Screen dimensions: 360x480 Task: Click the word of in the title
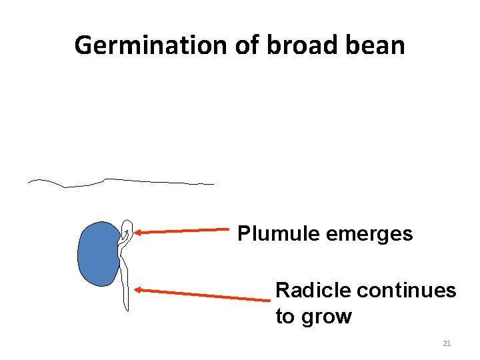[x=249, y=45]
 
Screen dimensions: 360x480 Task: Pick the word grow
[x=326, y=316]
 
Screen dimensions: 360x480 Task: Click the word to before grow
[x=285, y=316]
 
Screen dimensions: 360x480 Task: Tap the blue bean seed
[x=98, y=254]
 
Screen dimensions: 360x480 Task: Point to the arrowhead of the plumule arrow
[x=137, y=233]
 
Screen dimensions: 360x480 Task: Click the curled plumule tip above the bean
[x=127, y=229]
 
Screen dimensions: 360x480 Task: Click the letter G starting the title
[x=83, y=45]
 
